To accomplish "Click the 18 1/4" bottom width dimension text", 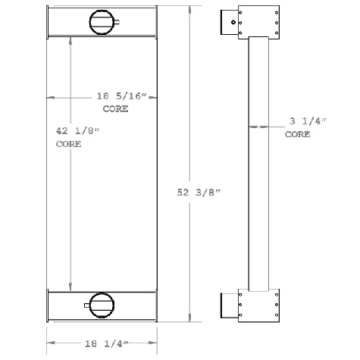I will (x=102, y=343).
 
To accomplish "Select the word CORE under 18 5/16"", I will (x=113, y=109).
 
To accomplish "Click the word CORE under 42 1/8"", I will (x=68, y=143).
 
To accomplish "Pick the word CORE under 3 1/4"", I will (x=297, y=134).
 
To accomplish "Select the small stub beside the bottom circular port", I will (x=83, y=305).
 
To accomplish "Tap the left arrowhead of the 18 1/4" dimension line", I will (x=51, y=343).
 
